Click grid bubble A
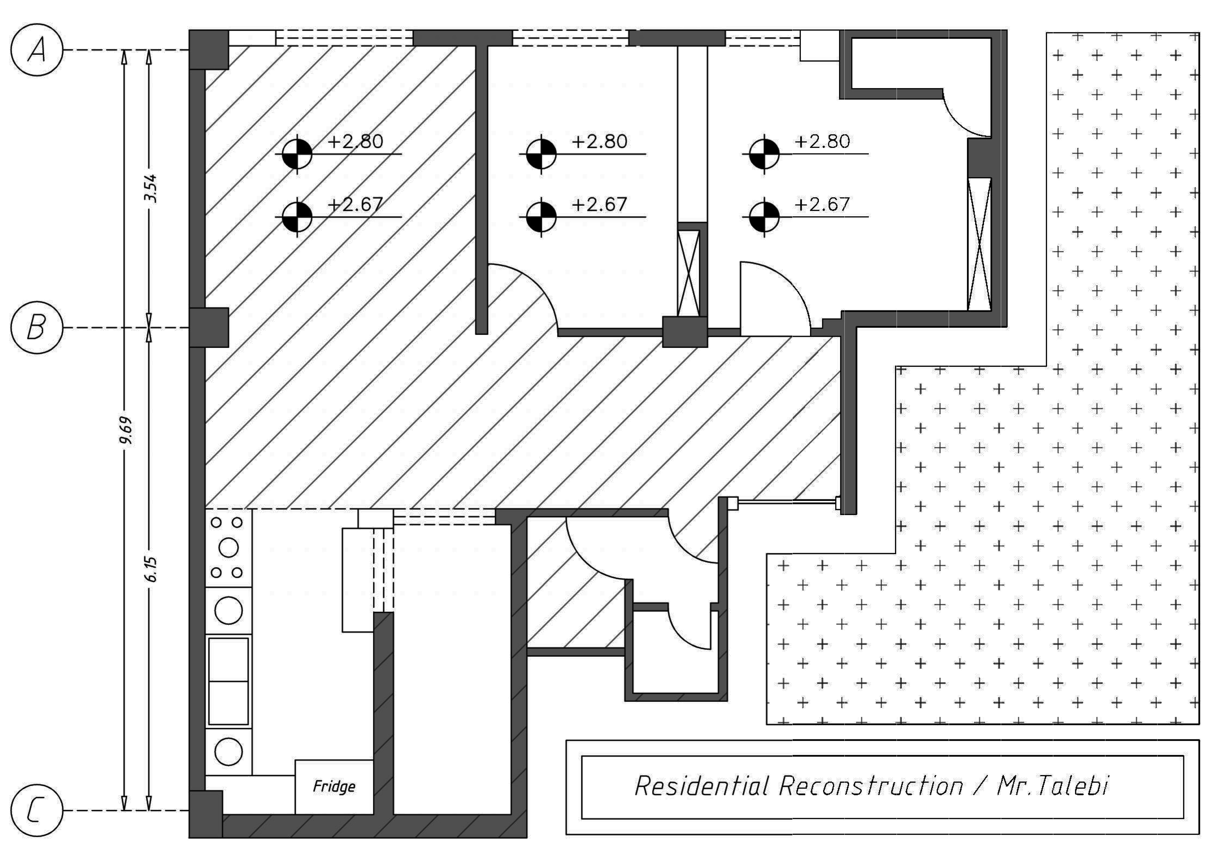pos(37,50)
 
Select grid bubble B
pos(37,328)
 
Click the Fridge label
pos(334,786)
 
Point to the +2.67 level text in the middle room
pos(600,204)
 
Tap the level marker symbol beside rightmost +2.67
pos(764,216)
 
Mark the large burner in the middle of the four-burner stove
pos(228,547)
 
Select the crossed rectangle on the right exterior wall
pos(979,244)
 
